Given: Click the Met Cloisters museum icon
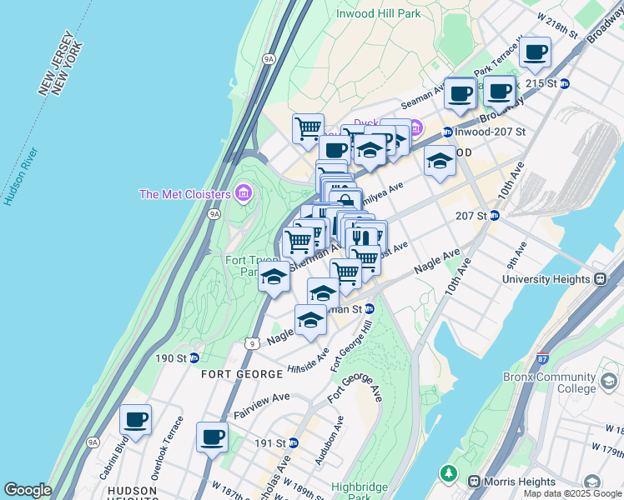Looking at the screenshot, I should tap(244, 194).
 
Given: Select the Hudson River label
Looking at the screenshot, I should tap(20, 177).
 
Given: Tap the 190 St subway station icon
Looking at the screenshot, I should tap(194, 357).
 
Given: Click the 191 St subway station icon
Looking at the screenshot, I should tap(293, 442).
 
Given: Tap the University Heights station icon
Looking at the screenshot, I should tap(598, 279).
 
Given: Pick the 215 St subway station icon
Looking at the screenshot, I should tap(564, 84).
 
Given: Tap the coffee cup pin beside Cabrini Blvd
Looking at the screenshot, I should tap(135, 420).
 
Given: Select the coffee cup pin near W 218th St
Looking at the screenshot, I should tap(535, 52).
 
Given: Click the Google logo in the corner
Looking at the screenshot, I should tap(28, 490).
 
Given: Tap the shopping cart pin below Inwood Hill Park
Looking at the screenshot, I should tap(308, 128).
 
